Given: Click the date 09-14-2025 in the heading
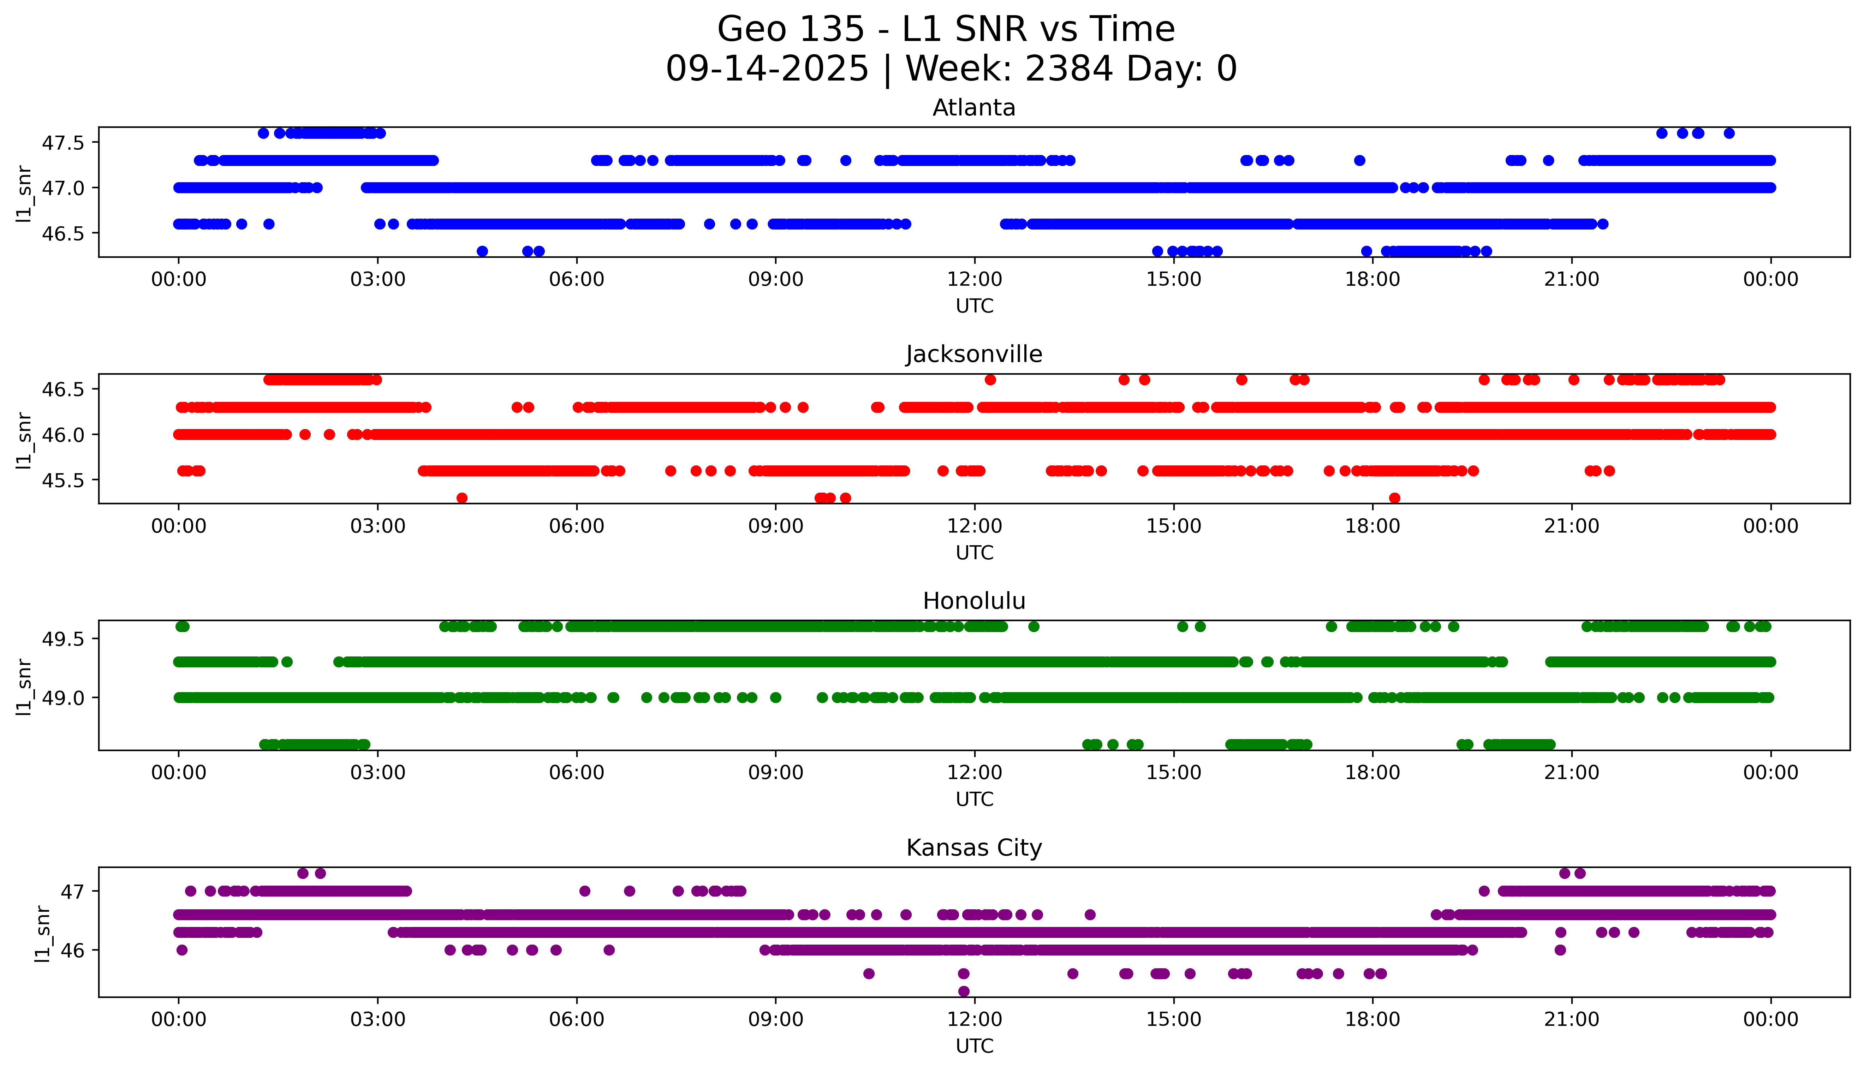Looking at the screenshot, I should click(767, 69).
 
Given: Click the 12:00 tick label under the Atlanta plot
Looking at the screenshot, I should click(974, 280).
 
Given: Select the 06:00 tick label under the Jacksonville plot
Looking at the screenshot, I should click(577, 526).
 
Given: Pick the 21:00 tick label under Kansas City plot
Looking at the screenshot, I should click(1571, 1019).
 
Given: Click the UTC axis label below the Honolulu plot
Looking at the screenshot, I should click(974, 799).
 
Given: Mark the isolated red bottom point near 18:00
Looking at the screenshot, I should click(1394, 498).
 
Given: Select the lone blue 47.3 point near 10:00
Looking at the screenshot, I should click(846, 160).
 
